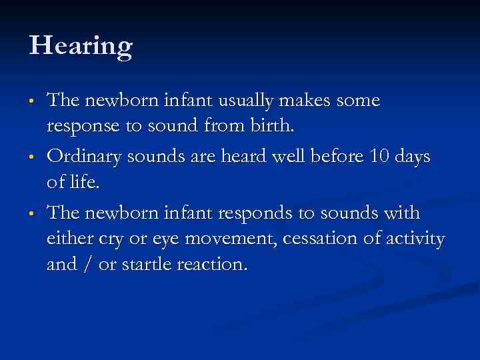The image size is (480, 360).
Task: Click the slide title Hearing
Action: point(81,47)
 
